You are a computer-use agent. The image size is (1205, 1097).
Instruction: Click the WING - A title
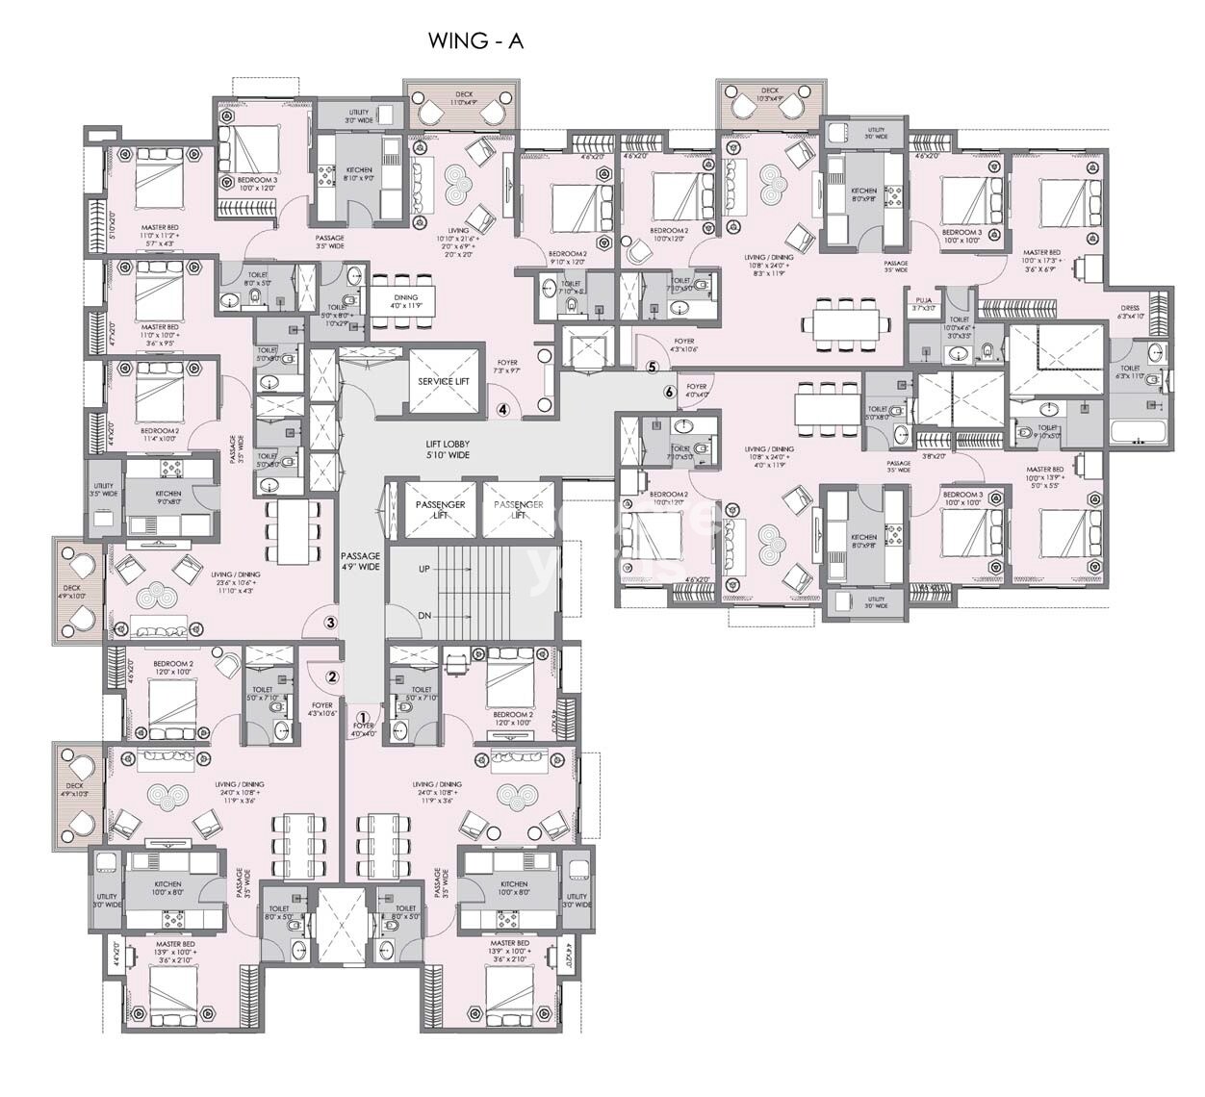pyautogui.click(x=475, y=41)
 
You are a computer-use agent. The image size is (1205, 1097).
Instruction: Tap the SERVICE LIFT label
pyautogui.click(x=444, y=381)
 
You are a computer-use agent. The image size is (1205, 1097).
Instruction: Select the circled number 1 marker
pyautogui.click(x=363, y=717)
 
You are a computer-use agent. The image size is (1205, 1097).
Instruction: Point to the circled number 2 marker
pyautogui.click(x=332, y=676)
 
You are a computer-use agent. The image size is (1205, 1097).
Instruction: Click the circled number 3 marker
pyautogui.click(x=330, y=623)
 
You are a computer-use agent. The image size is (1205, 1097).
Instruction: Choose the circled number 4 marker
pyautogui.click(x=502, y=408)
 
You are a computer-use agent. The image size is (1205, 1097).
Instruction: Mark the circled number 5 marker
pyautogui.click(x=652, y=367)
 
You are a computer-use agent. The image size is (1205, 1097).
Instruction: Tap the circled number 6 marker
pyautogui.click(x=670, y=391)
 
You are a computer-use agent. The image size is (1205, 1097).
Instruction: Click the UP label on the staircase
pyautogui.click(x=424, y=569)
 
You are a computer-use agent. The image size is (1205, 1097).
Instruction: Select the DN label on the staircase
pyautogui.click(x=424, y=615)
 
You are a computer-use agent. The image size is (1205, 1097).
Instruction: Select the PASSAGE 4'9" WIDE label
pyautogui.click(x=361, y=561)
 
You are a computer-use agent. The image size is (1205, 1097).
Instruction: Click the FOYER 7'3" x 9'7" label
pyautogui.click(x=506, y=367)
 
